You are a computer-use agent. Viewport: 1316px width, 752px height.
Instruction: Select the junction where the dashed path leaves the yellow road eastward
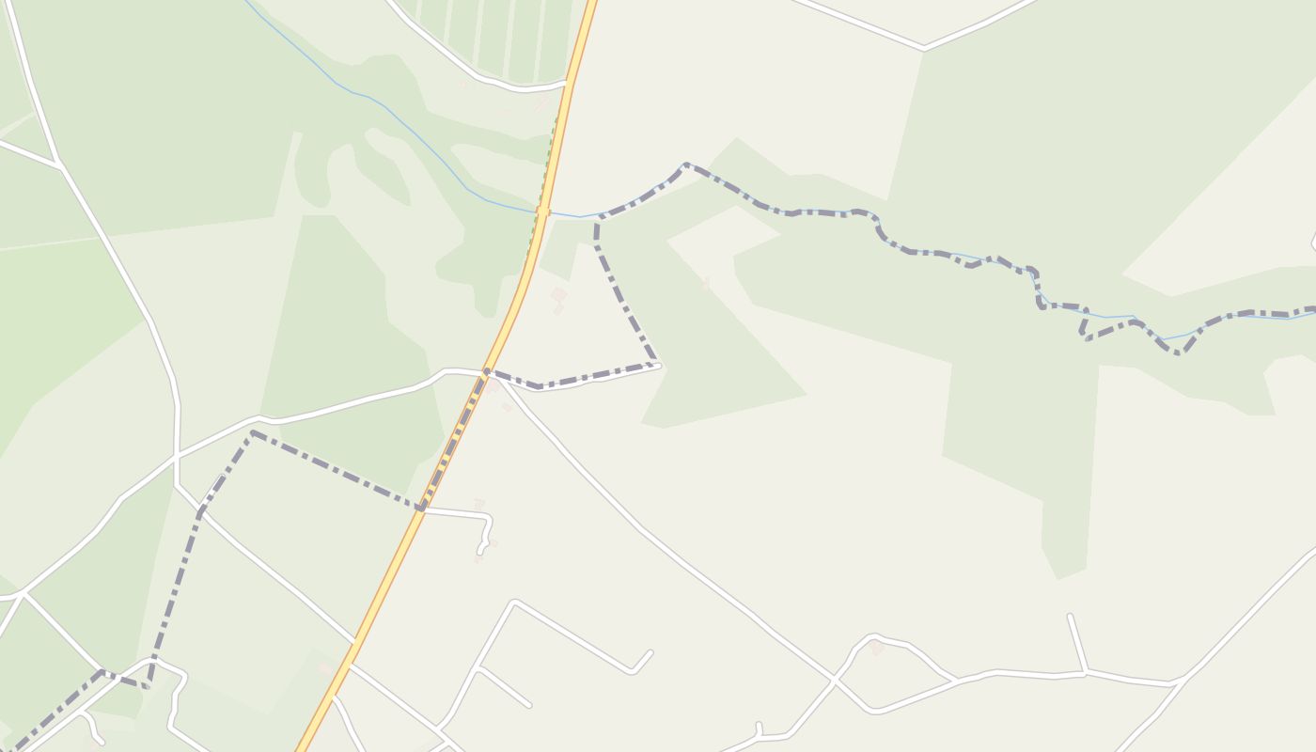point(487,372)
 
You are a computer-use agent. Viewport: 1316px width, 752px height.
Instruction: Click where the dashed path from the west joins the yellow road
point(422,509)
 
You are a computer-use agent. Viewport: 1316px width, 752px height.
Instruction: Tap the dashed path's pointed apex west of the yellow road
point(252,433)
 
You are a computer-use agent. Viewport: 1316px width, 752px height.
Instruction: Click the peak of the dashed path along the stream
point(686,165)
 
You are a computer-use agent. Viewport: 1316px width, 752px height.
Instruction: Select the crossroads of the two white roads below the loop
point(834,678)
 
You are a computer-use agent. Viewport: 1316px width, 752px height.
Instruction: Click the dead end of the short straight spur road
point(1071,617)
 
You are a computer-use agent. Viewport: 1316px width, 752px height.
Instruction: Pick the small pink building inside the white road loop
point(876,648)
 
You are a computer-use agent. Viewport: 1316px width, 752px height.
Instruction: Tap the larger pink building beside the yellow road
point(558,295)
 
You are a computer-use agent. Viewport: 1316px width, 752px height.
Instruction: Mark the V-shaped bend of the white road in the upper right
point(924,46)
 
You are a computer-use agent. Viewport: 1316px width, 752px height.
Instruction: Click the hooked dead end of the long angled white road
point(650,652)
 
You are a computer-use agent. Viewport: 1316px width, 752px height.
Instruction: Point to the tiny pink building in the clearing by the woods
point(704,283)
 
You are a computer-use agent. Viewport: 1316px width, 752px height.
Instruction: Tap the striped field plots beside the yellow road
point(498,38)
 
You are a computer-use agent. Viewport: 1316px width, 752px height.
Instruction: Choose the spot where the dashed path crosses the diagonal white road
point(200,511)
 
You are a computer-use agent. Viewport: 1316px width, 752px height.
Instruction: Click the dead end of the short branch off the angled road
point(528,704)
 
